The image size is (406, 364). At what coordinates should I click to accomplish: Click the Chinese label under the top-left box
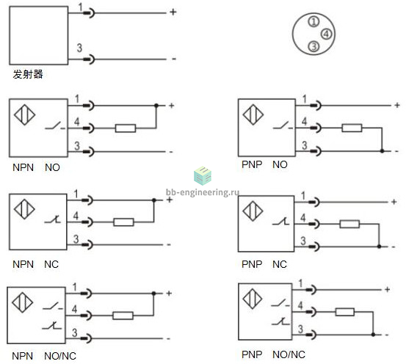coord(28,74)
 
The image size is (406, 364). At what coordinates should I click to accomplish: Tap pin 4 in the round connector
coord(326,34)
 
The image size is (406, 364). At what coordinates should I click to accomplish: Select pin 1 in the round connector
coord(313,21)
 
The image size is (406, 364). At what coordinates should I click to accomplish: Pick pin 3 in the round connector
coord(313,46)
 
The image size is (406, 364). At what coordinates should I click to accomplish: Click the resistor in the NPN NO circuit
coord(126,128)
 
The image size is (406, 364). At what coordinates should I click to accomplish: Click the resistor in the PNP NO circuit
coord(352,128)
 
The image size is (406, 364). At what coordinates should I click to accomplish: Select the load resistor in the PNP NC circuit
coord(349,224)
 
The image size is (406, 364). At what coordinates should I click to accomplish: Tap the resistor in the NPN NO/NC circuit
coord(123,316)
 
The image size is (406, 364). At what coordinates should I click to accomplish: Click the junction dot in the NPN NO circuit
coord(156,106)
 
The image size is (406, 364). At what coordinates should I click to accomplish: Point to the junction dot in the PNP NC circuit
coord(379,247)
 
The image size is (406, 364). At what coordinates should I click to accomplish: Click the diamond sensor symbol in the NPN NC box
coord(24,209)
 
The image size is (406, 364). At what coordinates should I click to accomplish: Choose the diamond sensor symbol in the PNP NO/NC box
coord(253,299)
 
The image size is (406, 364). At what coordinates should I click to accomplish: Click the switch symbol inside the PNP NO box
coord(283,125)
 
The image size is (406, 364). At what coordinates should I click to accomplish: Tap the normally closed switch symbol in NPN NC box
coord(53,220)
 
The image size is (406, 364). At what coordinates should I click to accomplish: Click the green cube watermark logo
coord(203,176)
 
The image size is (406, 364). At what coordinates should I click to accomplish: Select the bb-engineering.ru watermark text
coord(203,192)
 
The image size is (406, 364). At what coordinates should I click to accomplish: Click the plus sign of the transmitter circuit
coord(173,12)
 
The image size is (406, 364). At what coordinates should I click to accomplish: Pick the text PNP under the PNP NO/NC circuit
coord(252,354)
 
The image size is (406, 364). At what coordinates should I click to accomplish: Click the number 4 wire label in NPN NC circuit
coord(76,216)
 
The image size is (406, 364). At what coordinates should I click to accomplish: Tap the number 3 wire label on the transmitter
coord(79,48)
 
